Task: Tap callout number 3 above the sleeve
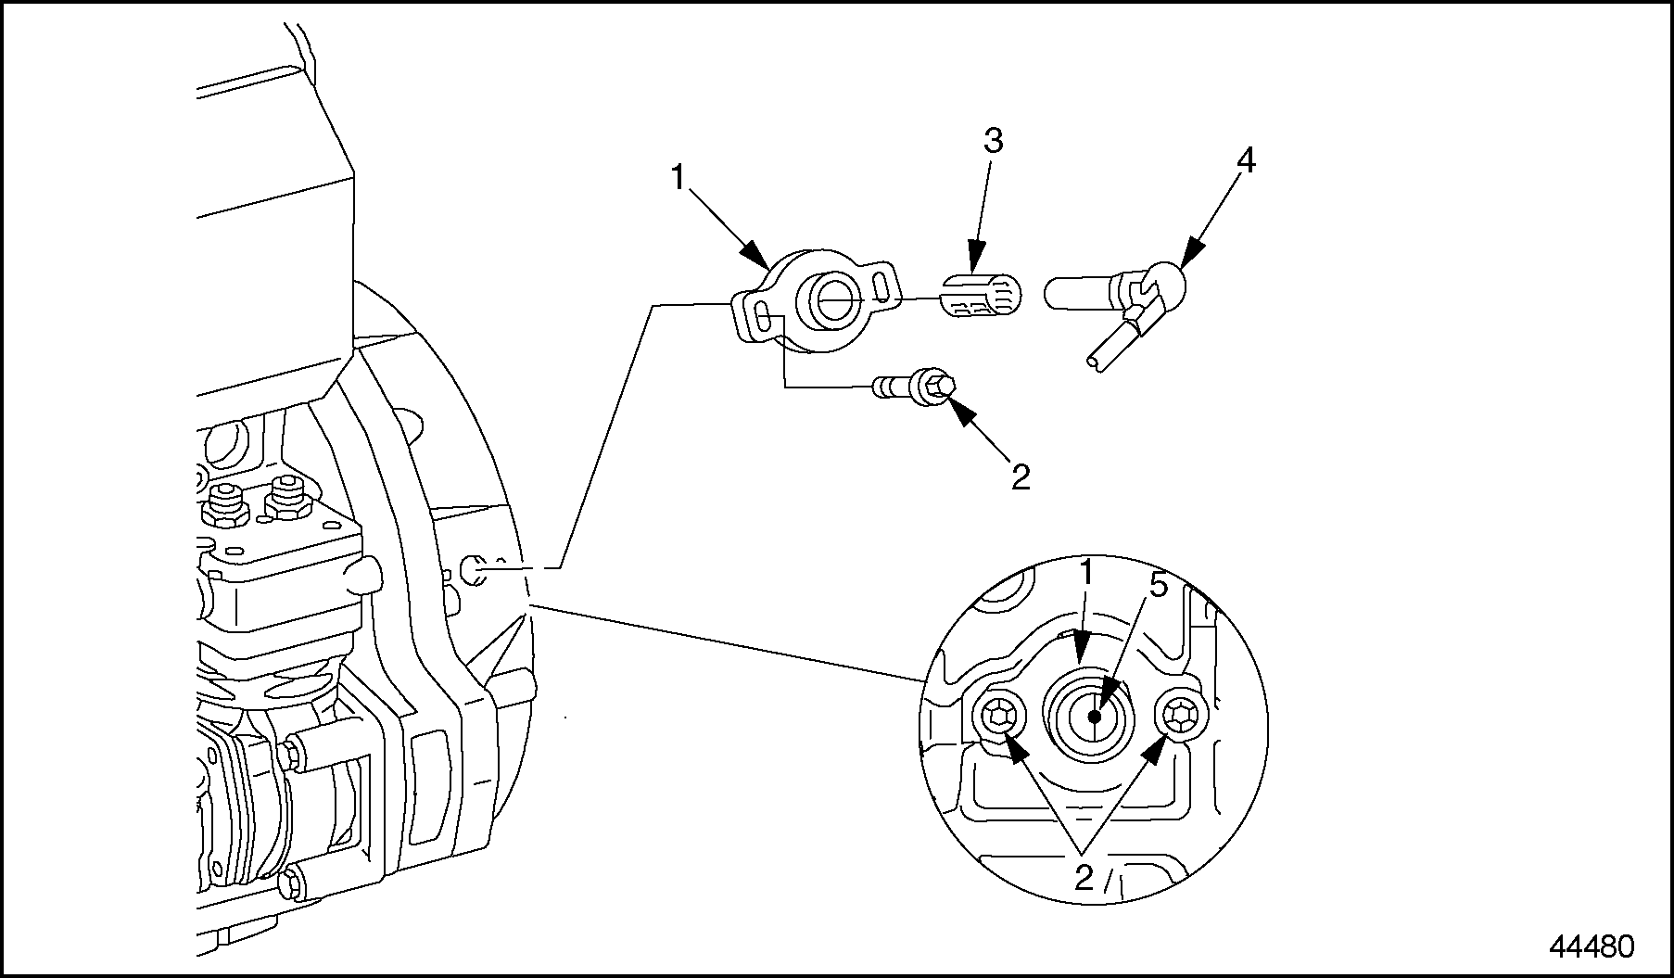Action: [x=993, y=142]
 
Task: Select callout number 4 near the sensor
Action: [x=1246, y=161]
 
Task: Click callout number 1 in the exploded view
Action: [x=678, y=176]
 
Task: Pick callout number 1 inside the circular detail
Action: [x=1086, y=573]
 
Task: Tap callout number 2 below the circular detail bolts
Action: [x=1084, y=877]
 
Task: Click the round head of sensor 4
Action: [x=1163, y=283]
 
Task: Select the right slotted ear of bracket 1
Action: [x=883, y=282]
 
